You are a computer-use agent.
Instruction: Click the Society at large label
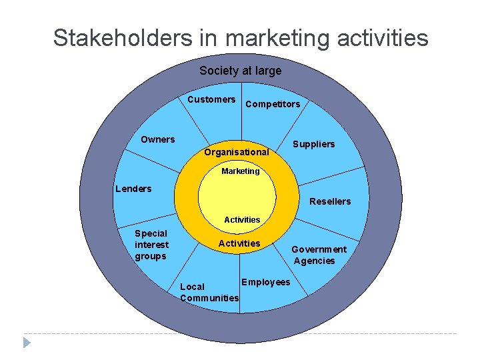coord(240,71)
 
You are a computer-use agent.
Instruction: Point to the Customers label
coord(211,99)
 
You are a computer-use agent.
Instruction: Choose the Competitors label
coord(273,104)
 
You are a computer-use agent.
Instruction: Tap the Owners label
coord(158,139)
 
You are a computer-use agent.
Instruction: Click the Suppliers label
coord(315,144)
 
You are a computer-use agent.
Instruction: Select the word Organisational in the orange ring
coord(237,152)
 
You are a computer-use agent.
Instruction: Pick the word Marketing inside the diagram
coord(240,171)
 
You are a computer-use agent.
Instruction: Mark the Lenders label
coord(133,189)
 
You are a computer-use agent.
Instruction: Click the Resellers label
coord(331,201)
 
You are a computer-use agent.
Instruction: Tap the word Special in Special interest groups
coord(151,233)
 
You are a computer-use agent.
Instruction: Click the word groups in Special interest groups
coord(150,256)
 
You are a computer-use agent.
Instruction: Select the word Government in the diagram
coord(319,249)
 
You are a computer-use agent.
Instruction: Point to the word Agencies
coord(314,261)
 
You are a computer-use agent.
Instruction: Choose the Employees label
coord(265,282)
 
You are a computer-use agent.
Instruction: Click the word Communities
coord(209,298)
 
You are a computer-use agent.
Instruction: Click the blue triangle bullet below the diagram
coord(27,343)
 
